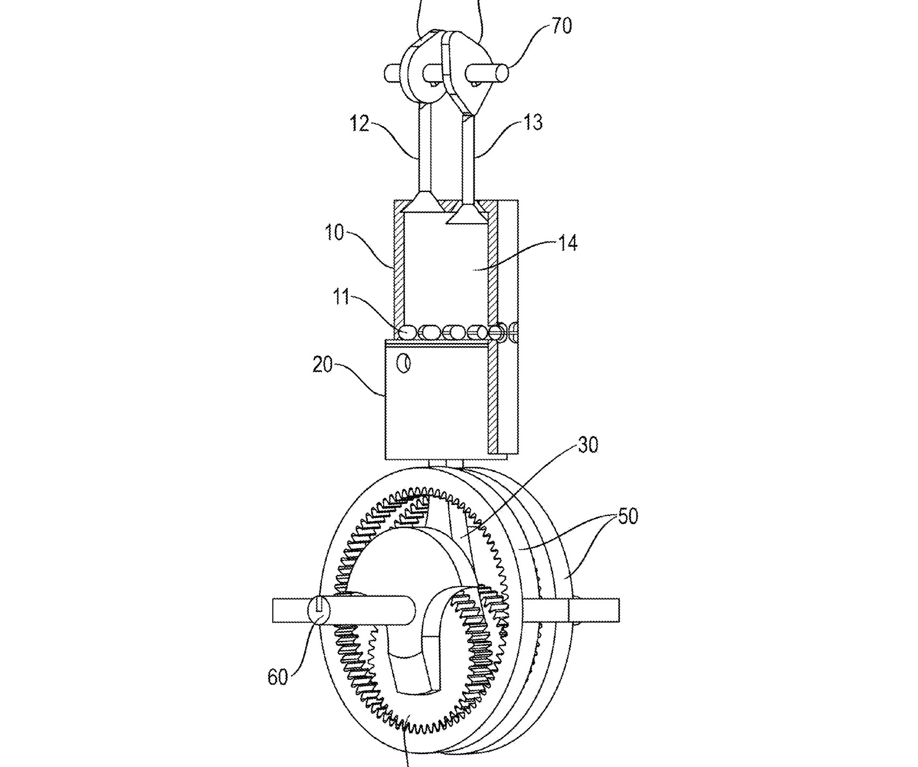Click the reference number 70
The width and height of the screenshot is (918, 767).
(x=561, y=25)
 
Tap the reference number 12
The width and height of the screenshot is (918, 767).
(x=359, y=123)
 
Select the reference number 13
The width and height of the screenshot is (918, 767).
(x=532, y=122)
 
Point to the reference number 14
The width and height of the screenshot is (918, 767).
(x=568, y=243)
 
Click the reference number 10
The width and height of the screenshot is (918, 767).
(x=334, y=234)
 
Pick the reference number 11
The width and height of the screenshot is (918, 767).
(x=341, y=297)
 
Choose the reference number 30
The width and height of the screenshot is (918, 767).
(x=588, y=446)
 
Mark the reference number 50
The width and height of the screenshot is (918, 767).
(x=627, y=516)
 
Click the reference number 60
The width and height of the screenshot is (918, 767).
(x=278, y=677)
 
